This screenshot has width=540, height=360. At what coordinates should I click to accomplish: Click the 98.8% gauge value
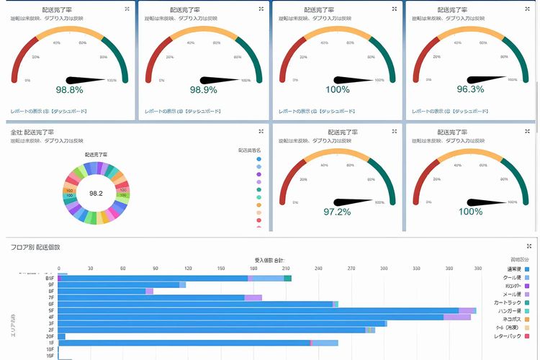(70, 90)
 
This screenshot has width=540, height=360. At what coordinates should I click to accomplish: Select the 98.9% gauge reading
(204, 90)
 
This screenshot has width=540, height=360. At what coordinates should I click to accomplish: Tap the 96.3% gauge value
(471, 90)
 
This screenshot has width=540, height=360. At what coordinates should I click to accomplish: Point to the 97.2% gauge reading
(337, 211)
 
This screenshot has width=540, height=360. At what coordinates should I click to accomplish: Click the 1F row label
(50, 343)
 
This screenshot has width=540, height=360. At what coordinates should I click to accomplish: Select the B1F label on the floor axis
(50, 278)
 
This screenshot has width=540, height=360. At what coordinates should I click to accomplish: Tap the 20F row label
(50, 336)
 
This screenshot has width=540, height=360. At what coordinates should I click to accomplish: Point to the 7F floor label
(50, 297)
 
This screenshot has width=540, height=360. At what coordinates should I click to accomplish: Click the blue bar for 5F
(259, 310)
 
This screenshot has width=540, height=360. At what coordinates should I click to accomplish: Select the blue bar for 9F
(119, 285)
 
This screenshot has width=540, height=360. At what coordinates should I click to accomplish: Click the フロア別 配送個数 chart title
(35, 247)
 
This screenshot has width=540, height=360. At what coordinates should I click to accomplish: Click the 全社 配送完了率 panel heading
(35, 132)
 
